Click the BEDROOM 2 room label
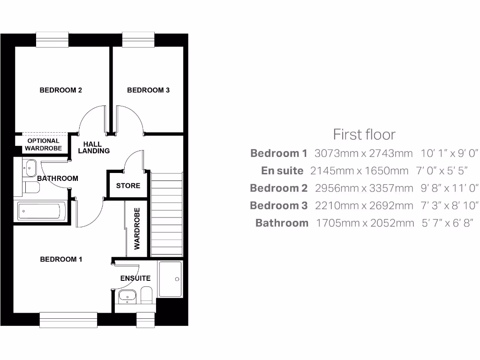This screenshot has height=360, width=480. pyautogui.click(x=60, y=90)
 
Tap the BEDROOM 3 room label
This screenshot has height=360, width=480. pyautogui.click(x=148, y=90)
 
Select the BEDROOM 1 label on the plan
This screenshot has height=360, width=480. pyautogui.click(x=61, y=259)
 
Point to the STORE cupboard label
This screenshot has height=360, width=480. pyautogui.click(x=128, y=186)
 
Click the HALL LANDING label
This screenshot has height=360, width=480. pyautogui.click(x=94, y=147)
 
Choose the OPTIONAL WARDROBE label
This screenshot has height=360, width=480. pyautogui.click(x=43, y=144)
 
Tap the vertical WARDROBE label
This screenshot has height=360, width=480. pyautogui.click(x=137, y=228)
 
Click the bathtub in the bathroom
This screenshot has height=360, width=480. pyautogui.click(x=39, y=211)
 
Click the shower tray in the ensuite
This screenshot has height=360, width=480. pyautogui.click(x=171, y=279)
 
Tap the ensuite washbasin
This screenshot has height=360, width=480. pyautogui.click(x=127, y=296)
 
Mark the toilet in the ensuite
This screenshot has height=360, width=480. pyautogui.click(x=146, y=296)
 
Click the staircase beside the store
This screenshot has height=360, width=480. pyautogui.click(x=166, y=214)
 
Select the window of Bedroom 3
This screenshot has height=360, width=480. pyautogui.click(x=139, y=39)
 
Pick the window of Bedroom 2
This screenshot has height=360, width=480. pyautogui.click(x=52, y=39)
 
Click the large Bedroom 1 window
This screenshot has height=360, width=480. pyautogui.click(x=68, y=320)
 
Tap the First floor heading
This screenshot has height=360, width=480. pyautogui.click(x=364, y=135)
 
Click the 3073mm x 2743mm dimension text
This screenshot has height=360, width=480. pyautogui.click(x=363, y=153)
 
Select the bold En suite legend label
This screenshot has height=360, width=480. pyautogui.click(x=282, y=171)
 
